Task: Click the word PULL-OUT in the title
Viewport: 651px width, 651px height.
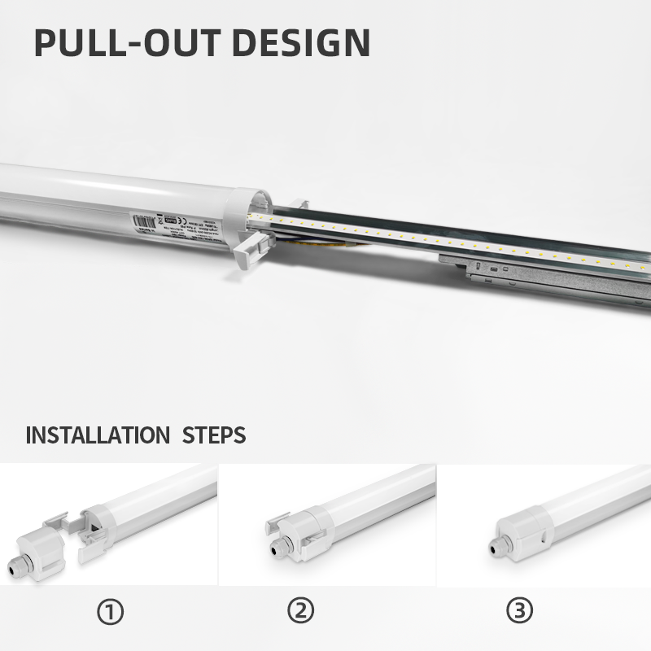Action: pyautogui.click(x=118, y=42)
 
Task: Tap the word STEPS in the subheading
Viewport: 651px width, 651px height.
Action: pyautogui.click(x=213, y=434)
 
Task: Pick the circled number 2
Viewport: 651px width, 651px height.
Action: pyautogui.click(x=300, y=610)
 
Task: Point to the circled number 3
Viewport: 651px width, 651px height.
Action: pyautogui.click(x=518, y=610)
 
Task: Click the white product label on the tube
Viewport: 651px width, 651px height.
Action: pyautogui.click(x=175, y=224)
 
